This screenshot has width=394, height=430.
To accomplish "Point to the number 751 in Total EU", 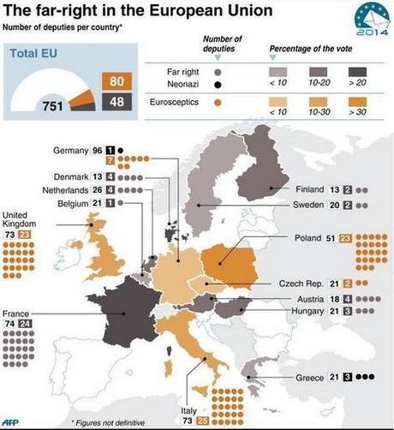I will (54, 106).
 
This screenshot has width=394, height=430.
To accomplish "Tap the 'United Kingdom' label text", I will (21, 220).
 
